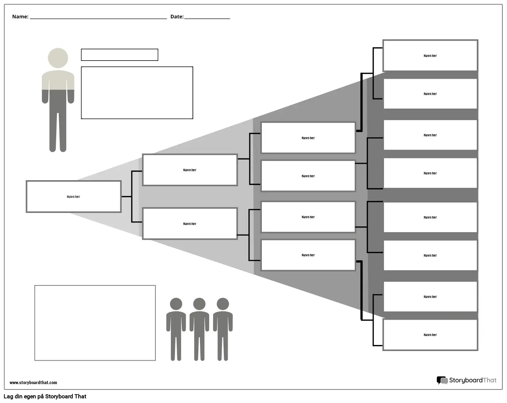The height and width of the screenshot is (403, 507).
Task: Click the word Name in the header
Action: coord(20,17)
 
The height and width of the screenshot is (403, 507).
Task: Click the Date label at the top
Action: coord(176,17)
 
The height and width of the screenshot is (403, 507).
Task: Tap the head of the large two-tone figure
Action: coord(58,58)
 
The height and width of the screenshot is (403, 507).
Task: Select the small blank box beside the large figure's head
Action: coord(120,55)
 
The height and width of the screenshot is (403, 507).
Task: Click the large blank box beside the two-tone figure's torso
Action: coord(137,93)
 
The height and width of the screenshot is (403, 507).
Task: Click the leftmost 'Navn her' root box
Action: coord(74,197)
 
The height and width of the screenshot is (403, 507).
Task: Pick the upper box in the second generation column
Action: coord(190,170)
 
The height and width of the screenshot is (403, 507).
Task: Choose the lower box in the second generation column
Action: coord(190,224)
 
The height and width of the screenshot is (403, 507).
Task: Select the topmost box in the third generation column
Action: coord(308,138)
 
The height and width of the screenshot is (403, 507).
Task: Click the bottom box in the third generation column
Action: coord(308,255)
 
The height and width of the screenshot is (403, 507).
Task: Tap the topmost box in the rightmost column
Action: coord(430,56)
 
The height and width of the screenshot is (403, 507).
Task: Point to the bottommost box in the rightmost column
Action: coord(430,335)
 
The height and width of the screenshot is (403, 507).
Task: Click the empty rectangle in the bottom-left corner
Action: coord(95,323)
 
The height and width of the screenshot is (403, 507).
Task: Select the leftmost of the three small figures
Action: coord(176,329)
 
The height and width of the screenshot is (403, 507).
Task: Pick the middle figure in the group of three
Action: coord(199,329)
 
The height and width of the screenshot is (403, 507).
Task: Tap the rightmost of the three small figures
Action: coord(223,329)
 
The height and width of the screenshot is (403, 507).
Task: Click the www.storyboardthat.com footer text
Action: coord(33,383)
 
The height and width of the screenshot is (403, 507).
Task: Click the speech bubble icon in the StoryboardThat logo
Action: coord(442,381)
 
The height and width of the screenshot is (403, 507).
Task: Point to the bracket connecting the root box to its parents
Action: coord(132,197)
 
